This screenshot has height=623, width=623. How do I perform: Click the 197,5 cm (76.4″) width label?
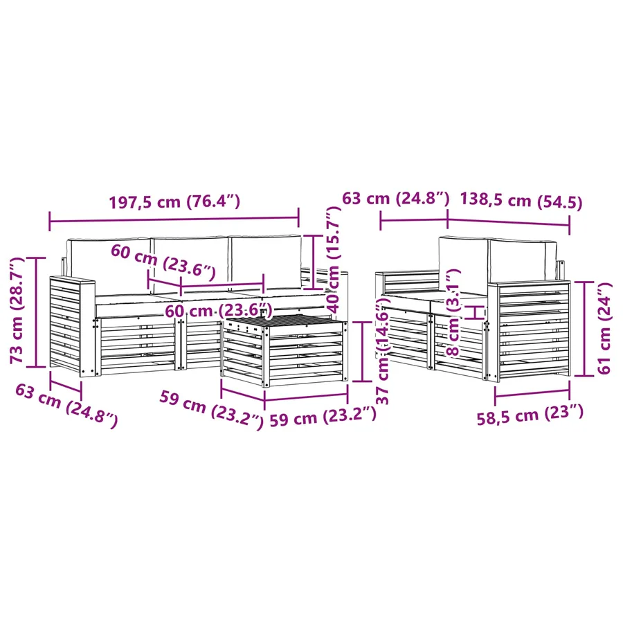[174, 202]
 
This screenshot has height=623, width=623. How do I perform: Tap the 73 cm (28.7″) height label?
[17, 311]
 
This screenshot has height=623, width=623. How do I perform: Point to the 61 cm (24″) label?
[604, 328]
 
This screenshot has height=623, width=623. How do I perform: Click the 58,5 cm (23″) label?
[530, 415]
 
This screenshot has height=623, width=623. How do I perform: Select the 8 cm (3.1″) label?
[453, 312]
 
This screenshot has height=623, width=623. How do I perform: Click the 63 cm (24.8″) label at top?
[395, 198]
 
